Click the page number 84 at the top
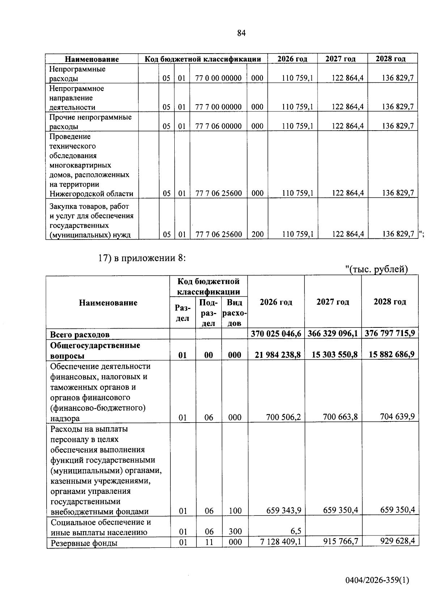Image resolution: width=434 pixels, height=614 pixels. coord(242,33)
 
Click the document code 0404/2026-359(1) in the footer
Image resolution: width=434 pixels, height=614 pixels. coord(377,580)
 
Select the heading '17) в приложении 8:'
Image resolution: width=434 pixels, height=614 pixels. coord(142,258)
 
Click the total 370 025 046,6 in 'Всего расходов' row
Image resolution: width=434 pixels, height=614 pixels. coord(276,333)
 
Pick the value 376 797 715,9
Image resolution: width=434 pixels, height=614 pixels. coord(390,333)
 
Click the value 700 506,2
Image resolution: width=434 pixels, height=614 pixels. coord(284,418)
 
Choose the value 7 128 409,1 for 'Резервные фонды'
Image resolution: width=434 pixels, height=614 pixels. coord(281,542)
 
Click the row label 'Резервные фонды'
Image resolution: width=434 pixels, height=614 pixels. coord(84,543)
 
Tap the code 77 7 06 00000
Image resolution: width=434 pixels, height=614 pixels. coord(218,126)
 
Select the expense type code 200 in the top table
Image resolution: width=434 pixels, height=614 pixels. coord(258,234)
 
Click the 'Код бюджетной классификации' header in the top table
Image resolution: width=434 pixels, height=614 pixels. coord(203,59)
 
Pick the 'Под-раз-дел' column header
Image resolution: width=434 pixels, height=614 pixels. coord(208,313)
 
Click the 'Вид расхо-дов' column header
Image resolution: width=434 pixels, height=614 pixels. coord(234,313)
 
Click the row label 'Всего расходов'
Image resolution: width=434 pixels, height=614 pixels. coord(80,335)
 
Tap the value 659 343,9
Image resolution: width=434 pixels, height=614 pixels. coord(284,511)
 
